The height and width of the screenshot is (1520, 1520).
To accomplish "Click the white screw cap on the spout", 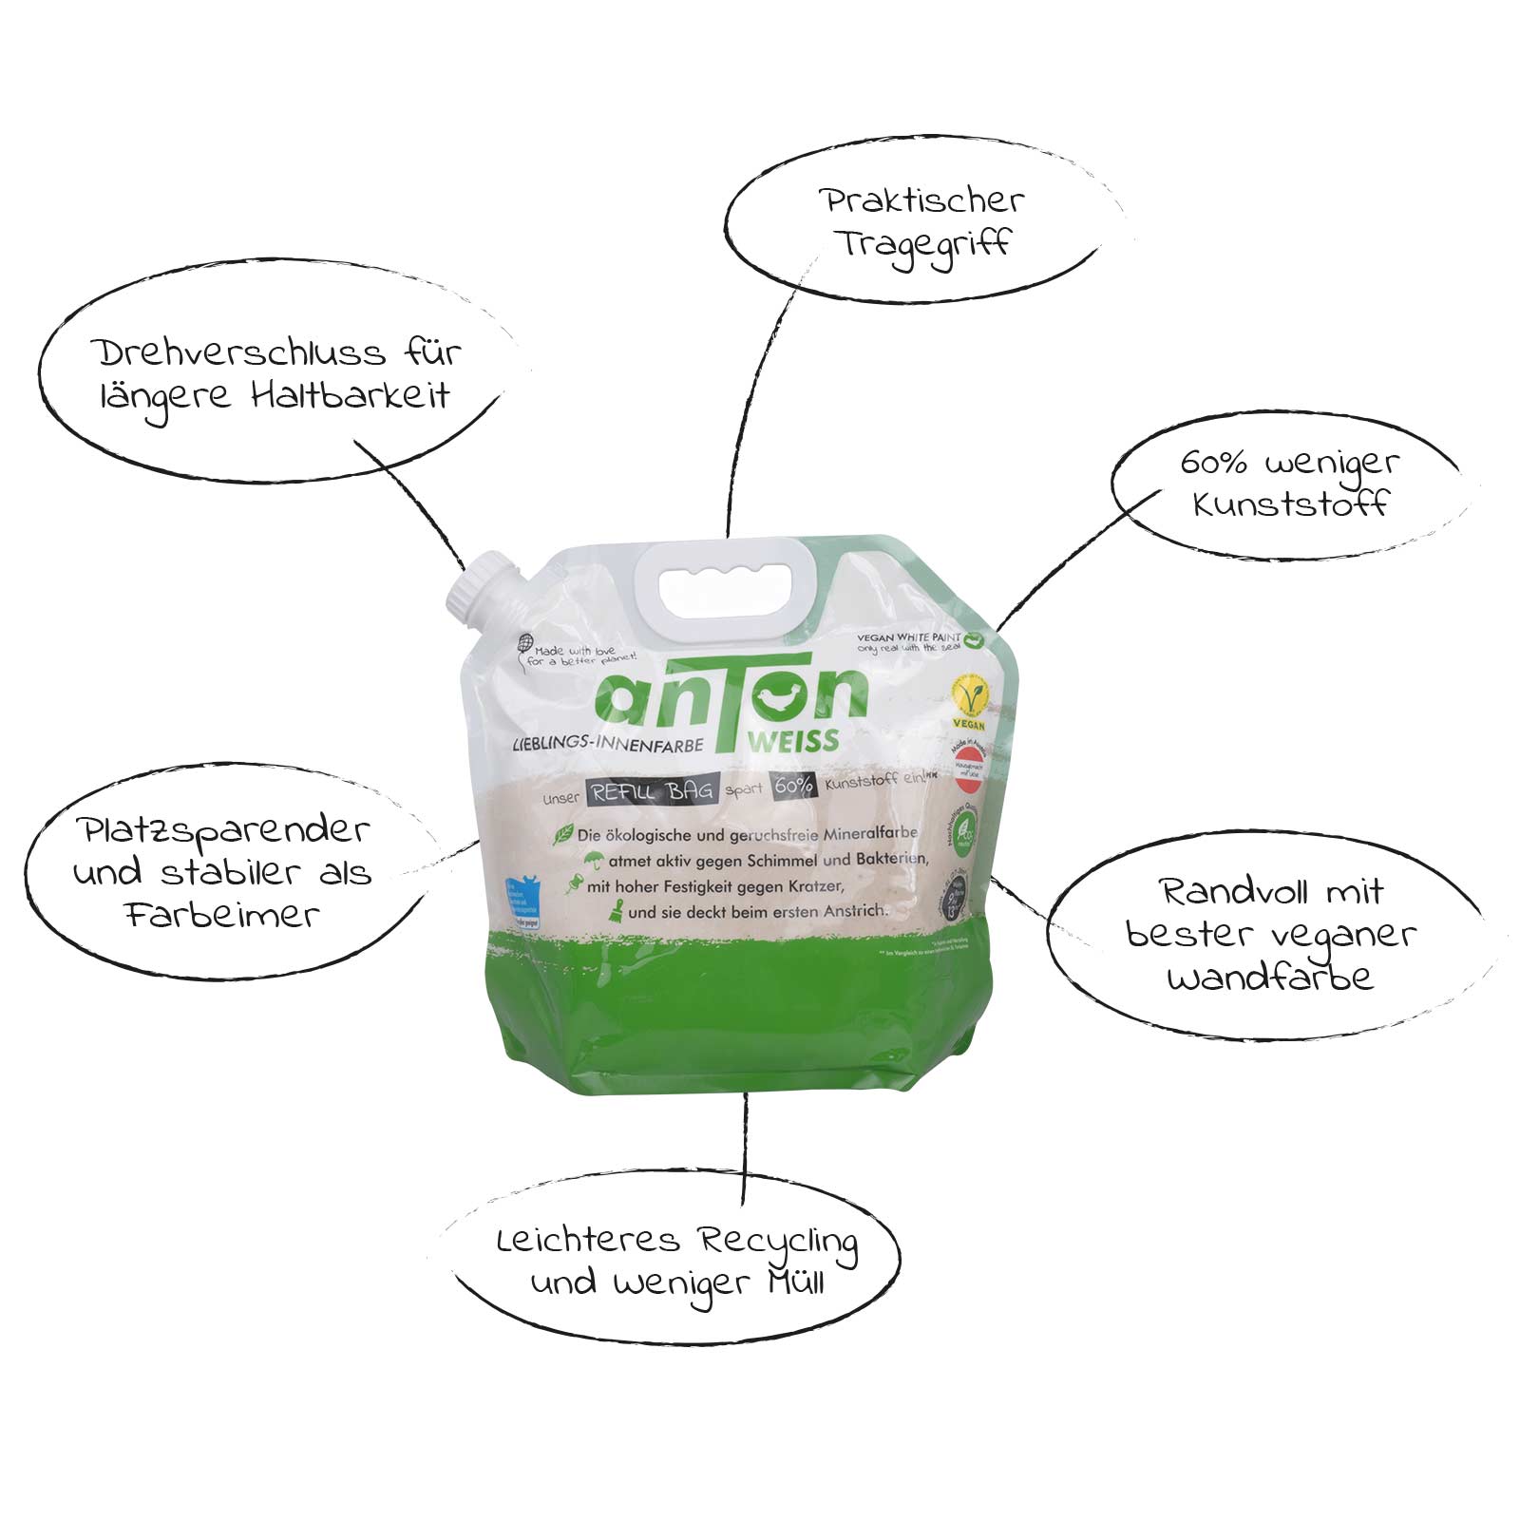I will point(483,588).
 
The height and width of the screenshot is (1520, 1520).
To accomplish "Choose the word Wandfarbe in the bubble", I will point(1270,977).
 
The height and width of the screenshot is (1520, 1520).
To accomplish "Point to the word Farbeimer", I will point(221,915).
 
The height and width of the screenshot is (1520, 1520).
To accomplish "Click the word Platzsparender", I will point(224,830).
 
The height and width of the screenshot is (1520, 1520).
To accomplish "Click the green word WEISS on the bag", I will point(792,741).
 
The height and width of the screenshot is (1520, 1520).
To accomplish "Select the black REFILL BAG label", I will point(652,791).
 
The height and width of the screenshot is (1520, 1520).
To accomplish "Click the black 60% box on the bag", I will point(793,785).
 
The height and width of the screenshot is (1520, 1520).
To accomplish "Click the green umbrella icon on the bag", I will point(595,860).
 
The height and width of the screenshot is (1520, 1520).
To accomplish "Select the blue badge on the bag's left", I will point(523,902).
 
